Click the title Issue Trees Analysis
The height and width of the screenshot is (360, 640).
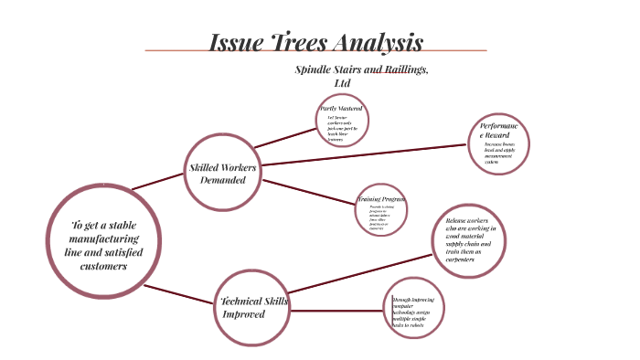tap(316, 42)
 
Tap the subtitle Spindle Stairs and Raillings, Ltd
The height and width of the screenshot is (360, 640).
tap(362, 76)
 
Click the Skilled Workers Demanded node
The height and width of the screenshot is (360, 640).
tap(223, 174)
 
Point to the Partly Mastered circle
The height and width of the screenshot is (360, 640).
tap(343, 122)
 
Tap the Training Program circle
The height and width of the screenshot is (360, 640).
tap(381, 214)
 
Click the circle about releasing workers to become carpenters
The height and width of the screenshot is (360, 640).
tap(470, 238)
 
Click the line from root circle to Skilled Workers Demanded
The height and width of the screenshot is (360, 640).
tap(158, 180)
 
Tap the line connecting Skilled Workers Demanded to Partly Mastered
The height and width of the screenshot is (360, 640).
tap(283, 138)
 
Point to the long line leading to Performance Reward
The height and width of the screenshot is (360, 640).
tap(366, 154)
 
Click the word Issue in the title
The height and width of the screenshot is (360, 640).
tap(234, 42)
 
